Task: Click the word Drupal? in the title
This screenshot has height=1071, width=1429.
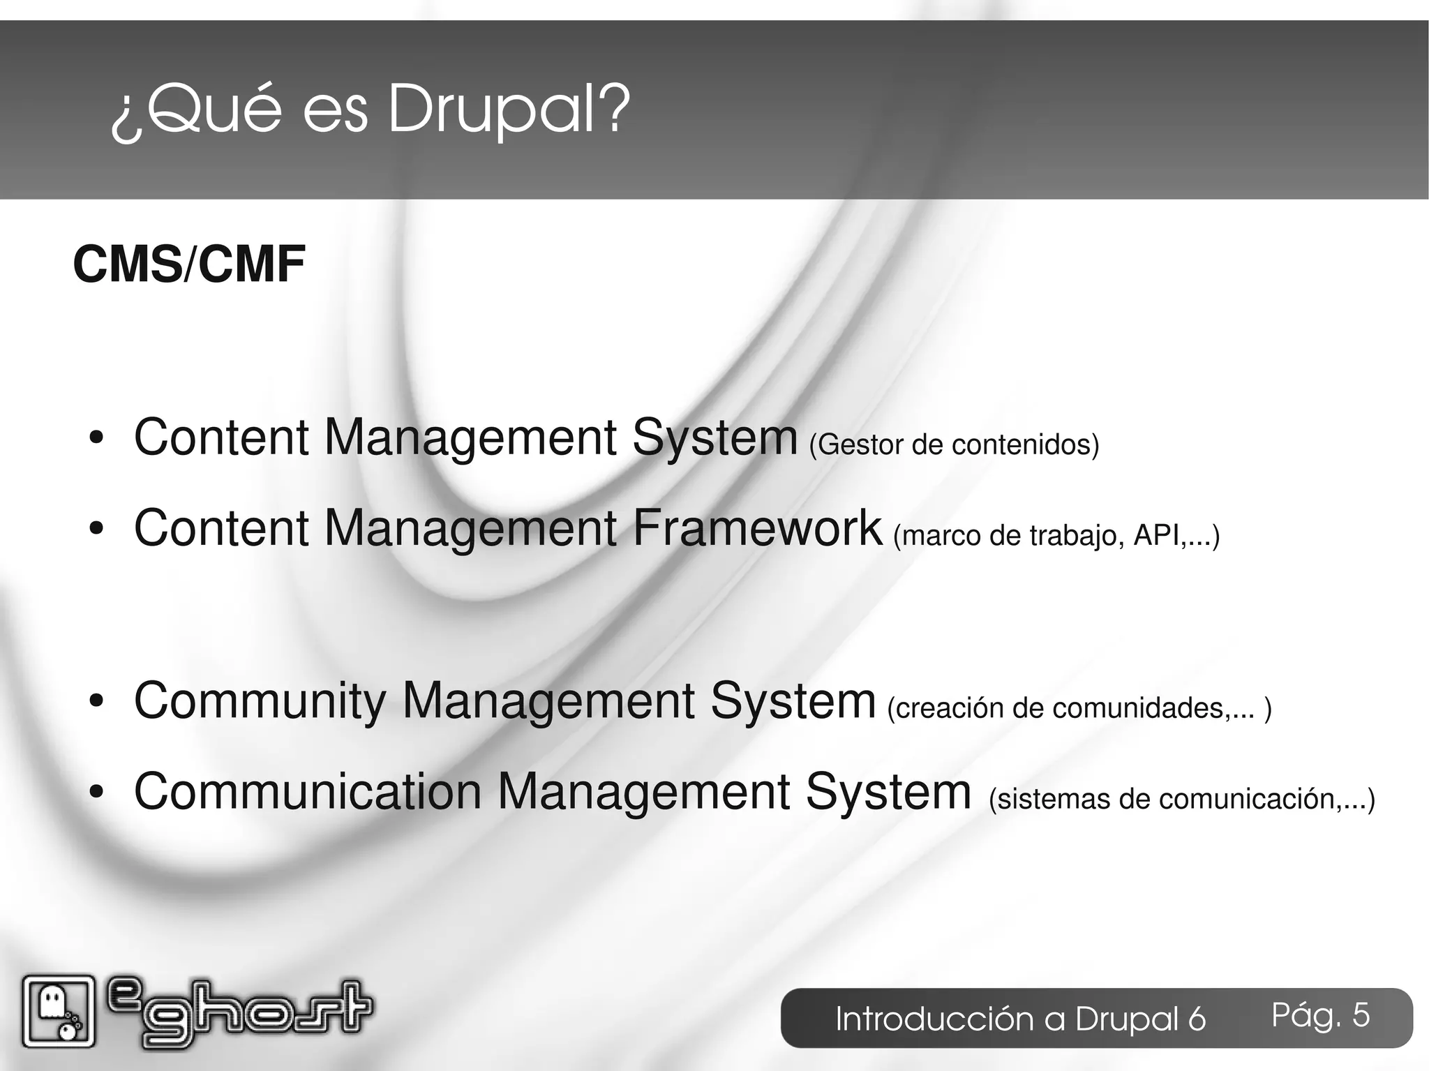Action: (508, 110)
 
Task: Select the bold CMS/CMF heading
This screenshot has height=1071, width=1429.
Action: (189, 265)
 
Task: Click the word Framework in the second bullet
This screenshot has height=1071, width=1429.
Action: (757, 528)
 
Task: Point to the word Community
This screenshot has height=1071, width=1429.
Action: (260, 701)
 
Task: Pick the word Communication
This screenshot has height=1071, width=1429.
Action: (308, 792)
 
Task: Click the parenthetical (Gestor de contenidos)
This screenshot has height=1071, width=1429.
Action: (954, 445)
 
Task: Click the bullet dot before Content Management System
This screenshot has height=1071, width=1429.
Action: (96, 439)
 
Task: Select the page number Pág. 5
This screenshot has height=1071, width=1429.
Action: (1320, 1015)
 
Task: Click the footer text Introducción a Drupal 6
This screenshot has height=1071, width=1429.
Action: (1020, 1019)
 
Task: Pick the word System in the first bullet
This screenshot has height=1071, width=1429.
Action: (714, 437)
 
